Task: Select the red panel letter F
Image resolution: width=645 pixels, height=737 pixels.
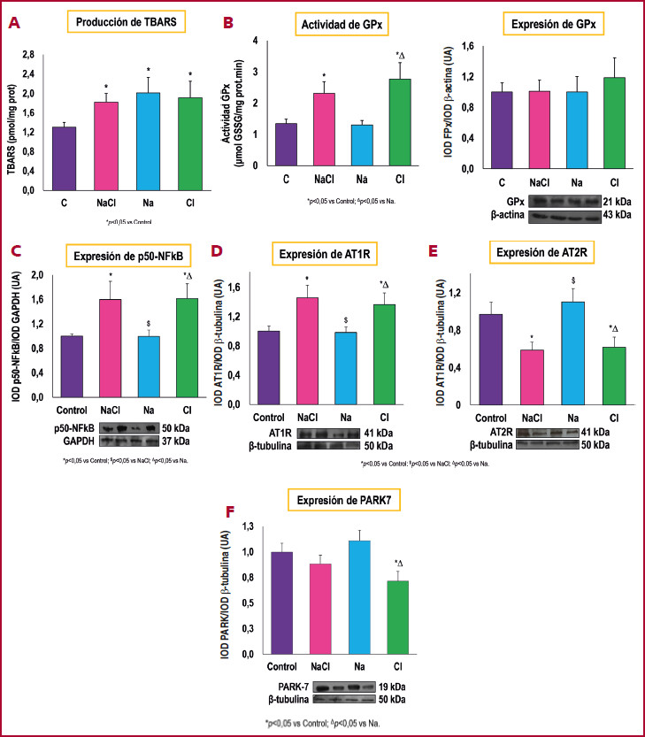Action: (x=230, y=513)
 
